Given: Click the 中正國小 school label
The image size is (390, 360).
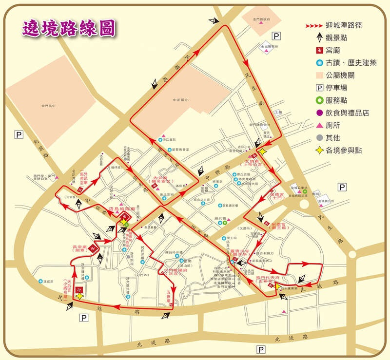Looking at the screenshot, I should (x=180, y=100).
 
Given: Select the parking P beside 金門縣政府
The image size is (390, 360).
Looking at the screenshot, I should (x=277, y=35).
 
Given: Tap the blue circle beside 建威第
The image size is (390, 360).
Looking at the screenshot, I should (x=39, y=281).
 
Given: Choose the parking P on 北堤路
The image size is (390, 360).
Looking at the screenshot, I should (x=261, y=349).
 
